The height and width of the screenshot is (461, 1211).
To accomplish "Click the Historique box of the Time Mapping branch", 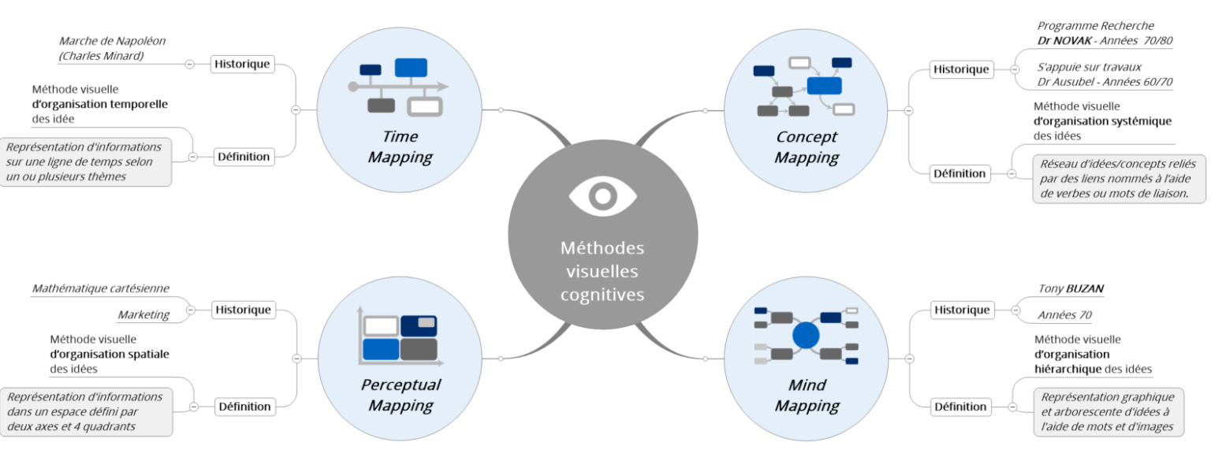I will (242, 64).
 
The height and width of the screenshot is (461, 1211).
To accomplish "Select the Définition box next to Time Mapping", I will (244, 156).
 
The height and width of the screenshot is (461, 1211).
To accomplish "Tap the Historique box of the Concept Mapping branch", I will (960, 69).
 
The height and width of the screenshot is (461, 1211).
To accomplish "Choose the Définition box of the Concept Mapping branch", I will (959, 173).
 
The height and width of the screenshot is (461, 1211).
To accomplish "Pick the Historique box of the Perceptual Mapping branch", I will (244, 310).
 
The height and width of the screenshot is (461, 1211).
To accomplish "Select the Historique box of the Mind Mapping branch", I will (960, 310).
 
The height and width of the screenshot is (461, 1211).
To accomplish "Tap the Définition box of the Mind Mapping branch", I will (959, 407).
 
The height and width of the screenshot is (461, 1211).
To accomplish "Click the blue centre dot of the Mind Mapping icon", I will (806, 336).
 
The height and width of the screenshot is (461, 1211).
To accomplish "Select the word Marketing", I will (143, 315).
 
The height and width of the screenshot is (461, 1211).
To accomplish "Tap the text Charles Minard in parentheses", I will (101, 56).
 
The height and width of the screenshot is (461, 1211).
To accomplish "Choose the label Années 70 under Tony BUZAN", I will (1064, 315).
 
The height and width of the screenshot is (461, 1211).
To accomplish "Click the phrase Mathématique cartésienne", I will (100, 289).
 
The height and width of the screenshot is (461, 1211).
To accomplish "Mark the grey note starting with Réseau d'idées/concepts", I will (1118, 178).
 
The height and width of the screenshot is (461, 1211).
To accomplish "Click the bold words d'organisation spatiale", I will (109, 354).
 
